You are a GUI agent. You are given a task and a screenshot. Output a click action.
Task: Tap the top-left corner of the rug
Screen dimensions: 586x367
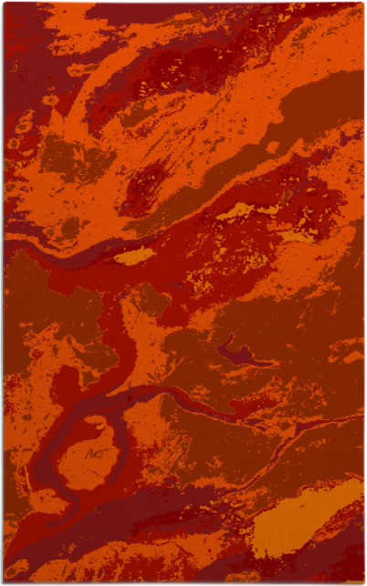[x=5, y=4]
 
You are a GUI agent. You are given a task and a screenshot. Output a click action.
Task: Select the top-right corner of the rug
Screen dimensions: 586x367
[x=362, y=4]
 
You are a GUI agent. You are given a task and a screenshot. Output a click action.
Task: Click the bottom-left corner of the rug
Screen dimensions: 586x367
[x=5, y=581]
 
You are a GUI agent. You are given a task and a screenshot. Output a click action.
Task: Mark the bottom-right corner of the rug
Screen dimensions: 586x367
[x=362, y=581]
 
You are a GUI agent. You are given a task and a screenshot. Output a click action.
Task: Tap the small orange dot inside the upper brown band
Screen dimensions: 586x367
[x=271, y=147]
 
